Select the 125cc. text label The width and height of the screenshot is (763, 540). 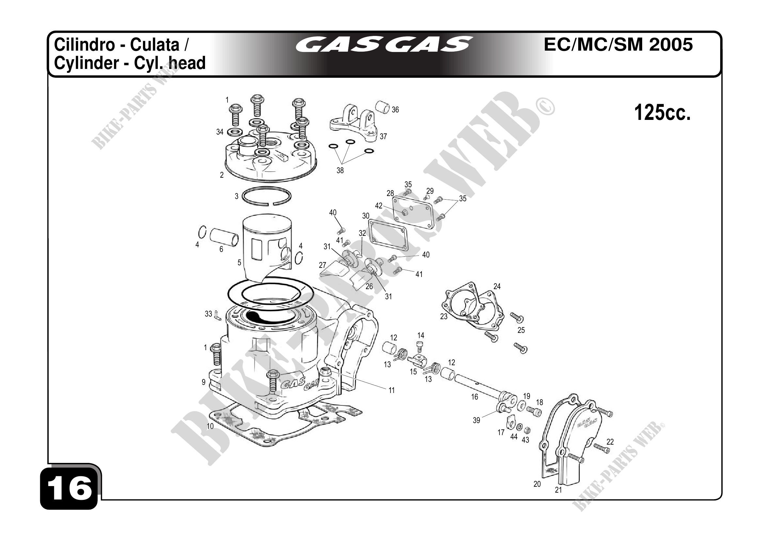pyautogui.click(x=662, y=113)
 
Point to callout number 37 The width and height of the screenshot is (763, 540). pyautogui.click(x=383, y=136)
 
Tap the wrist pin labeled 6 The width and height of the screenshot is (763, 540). pyautogui.click(x=224, y=237)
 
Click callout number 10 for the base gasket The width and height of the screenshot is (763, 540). pyautogui.click(x=210, y=426)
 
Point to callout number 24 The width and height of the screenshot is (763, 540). pyautogui.click(x=497, y=286)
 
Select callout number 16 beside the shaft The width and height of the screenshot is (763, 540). pyautogui.click(x=475, y=397)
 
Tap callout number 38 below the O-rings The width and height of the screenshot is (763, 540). pyautogui.click(x=340, y=171)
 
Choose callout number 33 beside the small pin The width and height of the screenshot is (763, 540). pyautogui.click(x=208, y=314)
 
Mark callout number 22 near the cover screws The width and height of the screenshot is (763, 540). pyautogui.click(x=610, y=442)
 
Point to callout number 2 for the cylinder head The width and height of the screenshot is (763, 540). pyautogui.click(x=222, y=175)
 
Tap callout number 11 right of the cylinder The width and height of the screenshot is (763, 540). pyautogui.click(x=391, y=390)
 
